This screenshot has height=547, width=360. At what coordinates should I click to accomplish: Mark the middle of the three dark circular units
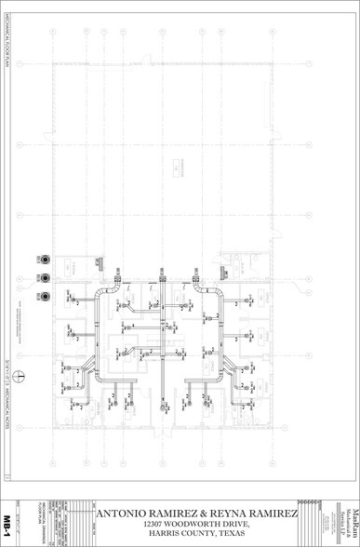click(x=45, y=277)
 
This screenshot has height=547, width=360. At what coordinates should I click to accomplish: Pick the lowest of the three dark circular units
click(x=45, y=296)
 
